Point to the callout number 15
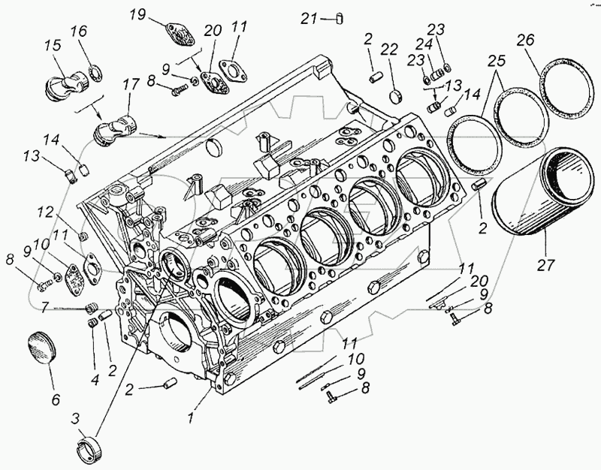tap(53, 46)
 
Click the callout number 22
tap(388, 50)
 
